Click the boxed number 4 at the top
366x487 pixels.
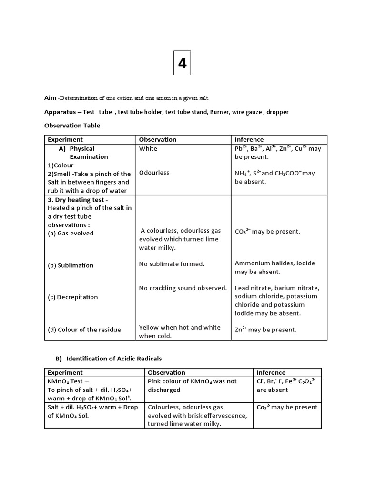click(x=182, y=63)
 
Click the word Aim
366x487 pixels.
click(x=50, y=98)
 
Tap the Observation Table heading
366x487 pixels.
click(x=72, y=126)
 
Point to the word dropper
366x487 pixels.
click(x=277, y=112)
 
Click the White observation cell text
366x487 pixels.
click(x=148, y=148)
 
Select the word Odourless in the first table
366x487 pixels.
click(x=154, y=173)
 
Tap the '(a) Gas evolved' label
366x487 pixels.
click(x=71, y=233)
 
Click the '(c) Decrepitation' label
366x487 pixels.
click(x=72, y=297)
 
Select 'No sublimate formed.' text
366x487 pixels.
click(x=172, y=264)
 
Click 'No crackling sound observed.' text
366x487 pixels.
click(x=183, y=288)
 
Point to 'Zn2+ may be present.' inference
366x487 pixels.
click(x=265, y=330)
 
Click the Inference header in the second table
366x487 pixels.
click(x=271, y=372)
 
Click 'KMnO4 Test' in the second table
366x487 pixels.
click(x=65, y=381)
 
